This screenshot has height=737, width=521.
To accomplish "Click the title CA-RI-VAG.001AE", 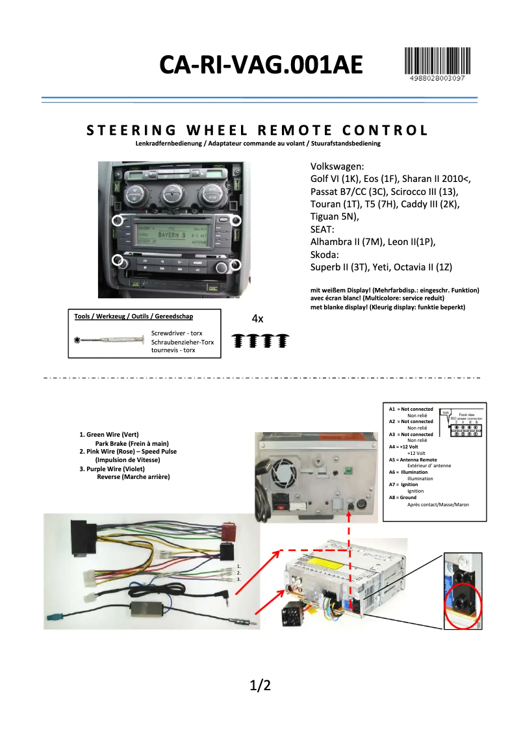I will [x=261, y=65].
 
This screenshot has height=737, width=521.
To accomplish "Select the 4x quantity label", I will [x=257, y=318].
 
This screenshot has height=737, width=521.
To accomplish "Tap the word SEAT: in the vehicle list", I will [x=322, y=229].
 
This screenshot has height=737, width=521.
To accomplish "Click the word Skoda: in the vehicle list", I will [x=325, y=254].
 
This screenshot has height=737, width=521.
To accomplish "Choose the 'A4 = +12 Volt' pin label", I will [x=403, y=446].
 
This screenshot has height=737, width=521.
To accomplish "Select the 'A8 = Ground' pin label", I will [x=403, y=497].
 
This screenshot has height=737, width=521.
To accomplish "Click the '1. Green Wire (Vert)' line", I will [x=109, y=434].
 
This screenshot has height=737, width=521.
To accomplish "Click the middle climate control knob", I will [x=173, y=192].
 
